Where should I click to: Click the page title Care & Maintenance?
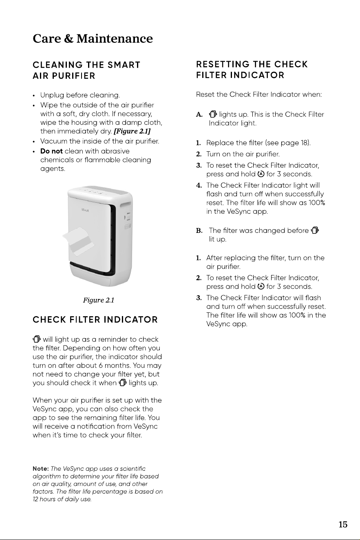pos(93,39)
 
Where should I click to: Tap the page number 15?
pos(343,525)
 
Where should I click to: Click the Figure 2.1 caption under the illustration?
pos(98,300)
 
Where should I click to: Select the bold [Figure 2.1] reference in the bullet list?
pos(132,131)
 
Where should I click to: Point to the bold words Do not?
pos(51,151)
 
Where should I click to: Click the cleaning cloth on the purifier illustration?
pos(78,241)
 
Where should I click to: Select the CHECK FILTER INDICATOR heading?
pos(95,320)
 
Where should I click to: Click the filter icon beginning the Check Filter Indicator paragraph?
pos(37,339)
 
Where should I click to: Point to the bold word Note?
pos(41,469)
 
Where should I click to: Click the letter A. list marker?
pos(199,115)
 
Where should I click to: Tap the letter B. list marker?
pos(199,231)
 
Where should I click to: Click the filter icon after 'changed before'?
pos(315,230)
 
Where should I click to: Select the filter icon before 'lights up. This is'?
pos(213,114)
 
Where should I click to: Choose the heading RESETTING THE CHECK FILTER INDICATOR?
pos(252,70)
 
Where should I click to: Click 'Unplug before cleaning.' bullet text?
pos(80,95)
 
